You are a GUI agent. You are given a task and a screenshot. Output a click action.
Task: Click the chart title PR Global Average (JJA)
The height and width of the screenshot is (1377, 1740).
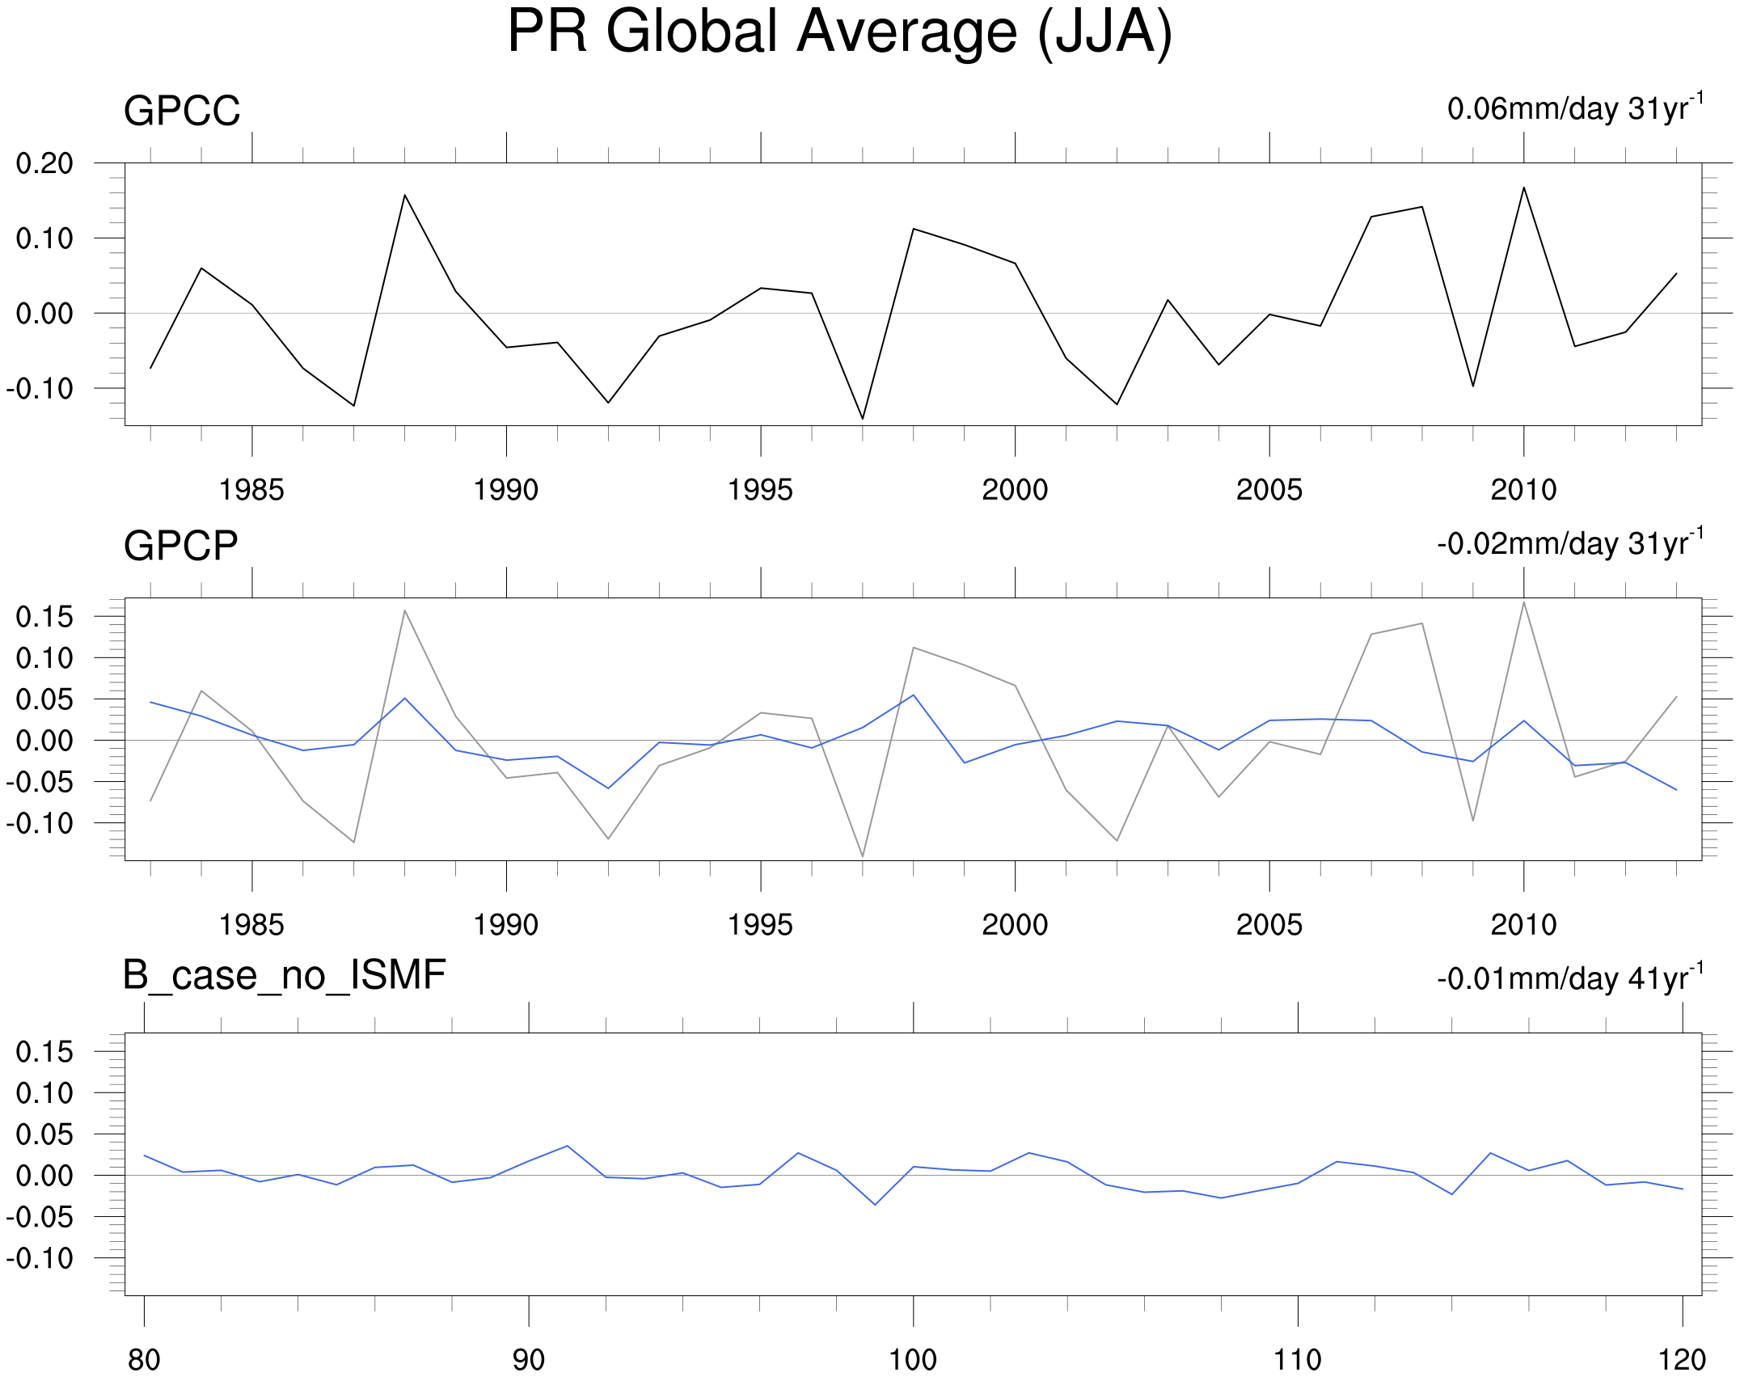[x=839, y=32]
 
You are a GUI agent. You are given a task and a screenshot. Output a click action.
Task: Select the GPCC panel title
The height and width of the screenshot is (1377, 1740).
[x=182, y=111]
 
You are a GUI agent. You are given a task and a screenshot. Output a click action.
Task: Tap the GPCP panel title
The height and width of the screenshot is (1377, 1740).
[x=180, y=546]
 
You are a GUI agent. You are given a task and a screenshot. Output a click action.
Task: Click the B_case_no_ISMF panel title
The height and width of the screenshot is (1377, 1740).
[x=284, y=975]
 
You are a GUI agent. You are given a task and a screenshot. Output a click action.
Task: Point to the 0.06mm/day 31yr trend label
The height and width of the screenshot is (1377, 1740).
[x=1574, y=108]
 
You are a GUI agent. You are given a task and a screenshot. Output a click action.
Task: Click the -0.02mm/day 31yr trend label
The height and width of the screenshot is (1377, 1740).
[x=1569, y=543]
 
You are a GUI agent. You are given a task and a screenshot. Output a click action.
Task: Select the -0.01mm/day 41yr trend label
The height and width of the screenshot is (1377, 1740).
[x=1569, y=978]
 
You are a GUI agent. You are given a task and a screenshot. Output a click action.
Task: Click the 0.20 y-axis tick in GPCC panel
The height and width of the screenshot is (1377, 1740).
[x=44, y=163]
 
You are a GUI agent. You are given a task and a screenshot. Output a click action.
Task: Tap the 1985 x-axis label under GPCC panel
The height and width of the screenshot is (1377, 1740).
[x=251, y=490]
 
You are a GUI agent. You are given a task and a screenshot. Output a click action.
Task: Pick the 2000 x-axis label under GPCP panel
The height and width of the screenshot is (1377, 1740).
[x=1015, y=925]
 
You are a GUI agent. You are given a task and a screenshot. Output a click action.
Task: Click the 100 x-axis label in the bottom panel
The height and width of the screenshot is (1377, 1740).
[x=913, y=1360]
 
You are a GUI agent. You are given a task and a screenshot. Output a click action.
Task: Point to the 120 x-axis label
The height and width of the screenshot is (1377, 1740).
[x=1682, y=1360]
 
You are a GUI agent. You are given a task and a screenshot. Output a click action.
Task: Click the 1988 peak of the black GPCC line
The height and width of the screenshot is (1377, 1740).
[x=404, y=195]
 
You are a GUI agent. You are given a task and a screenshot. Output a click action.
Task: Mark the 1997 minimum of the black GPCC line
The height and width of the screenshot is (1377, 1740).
[x=863, y=419]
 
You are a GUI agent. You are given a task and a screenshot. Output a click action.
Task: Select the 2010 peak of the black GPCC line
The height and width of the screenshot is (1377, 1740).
[x=1523, y=188]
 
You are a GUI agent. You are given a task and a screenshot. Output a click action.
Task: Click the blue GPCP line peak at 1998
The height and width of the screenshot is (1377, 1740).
[x=913, y=695]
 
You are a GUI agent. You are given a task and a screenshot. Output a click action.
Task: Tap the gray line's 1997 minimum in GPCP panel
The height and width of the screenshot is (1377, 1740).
[x=863, y=856]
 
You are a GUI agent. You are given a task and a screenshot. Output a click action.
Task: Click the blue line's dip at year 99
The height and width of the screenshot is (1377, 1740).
[x=875, y=1205]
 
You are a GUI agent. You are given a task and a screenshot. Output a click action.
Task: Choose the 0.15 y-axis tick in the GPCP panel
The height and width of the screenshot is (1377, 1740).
[x=44, y=617]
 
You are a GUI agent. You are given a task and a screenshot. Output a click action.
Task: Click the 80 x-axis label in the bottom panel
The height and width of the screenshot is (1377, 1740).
[x=144, y=1360]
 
